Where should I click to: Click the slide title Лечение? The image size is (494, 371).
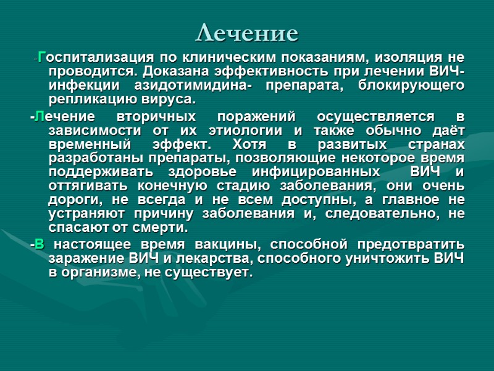click(246, 32)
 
